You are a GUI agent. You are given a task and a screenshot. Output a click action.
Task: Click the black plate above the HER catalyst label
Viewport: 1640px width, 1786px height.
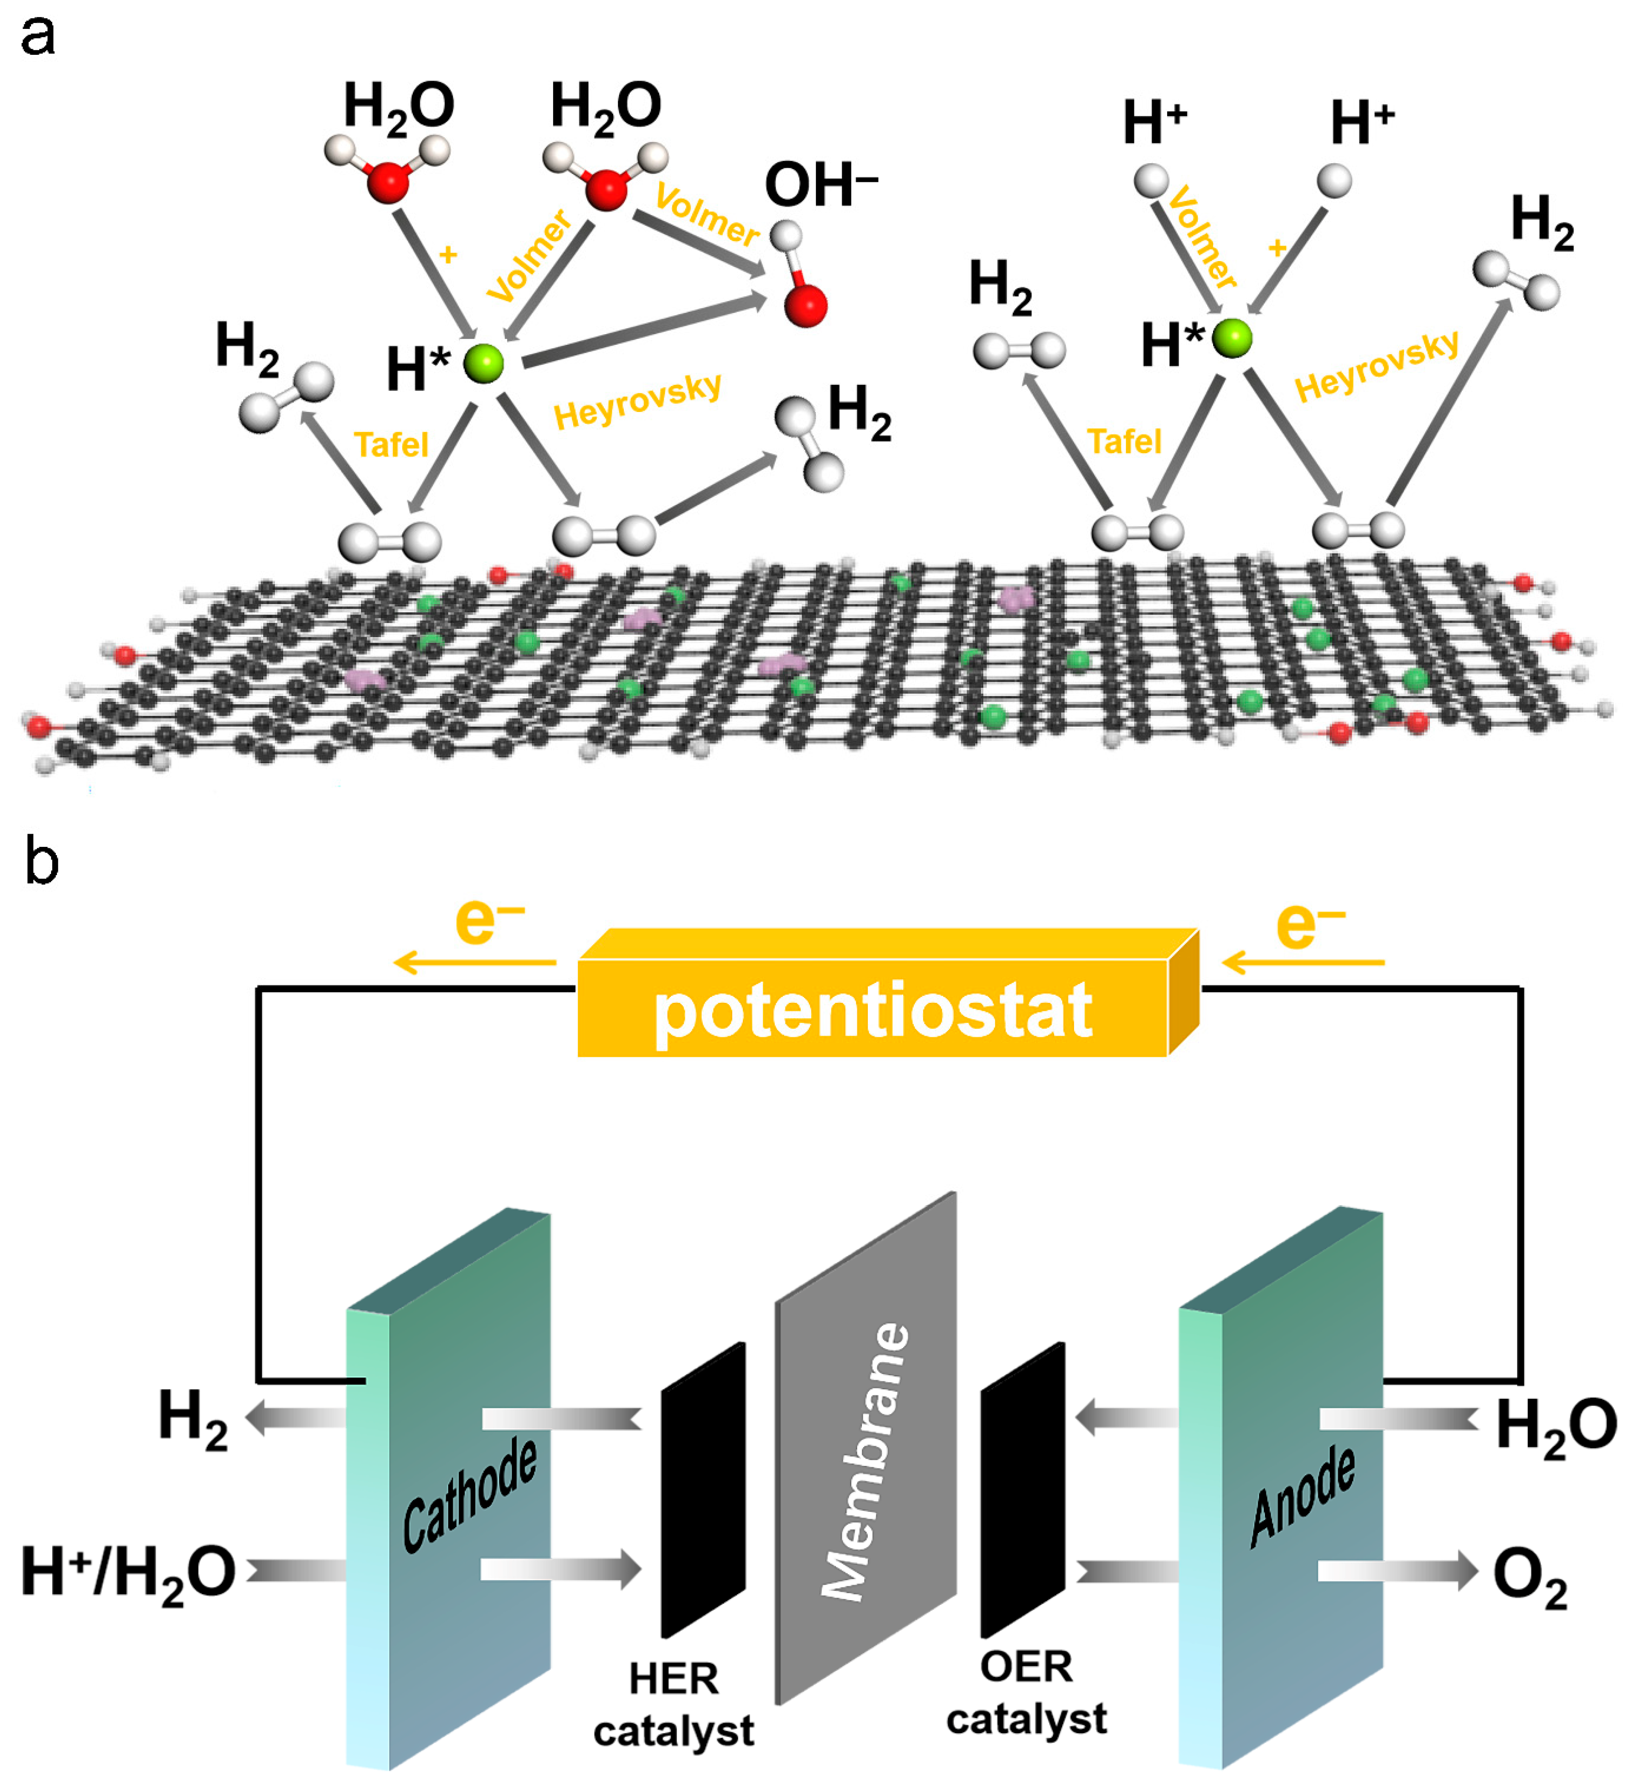[703, 1491]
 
